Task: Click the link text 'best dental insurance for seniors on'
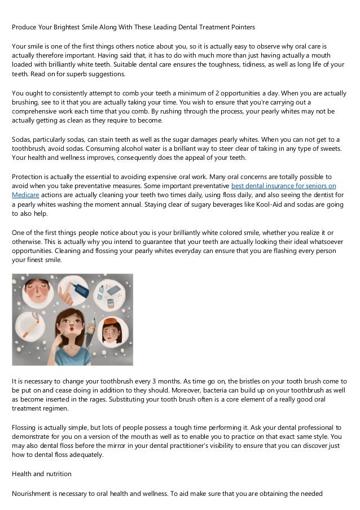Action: [284, 186]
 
